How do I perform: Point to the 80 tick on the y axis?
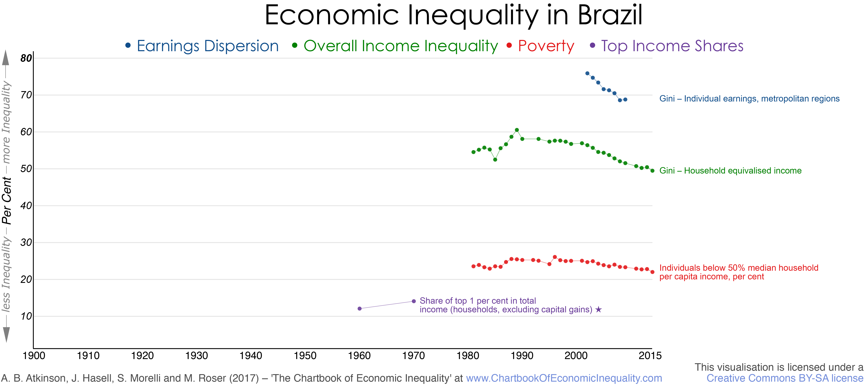coord(26,58)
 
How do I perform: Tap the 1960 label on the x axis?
coord(359,356)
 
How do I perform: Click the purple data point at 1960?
coord(359,309)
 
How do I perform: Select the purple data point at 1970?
coord(414,301)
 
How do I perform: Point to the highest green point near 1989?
coord(517,130)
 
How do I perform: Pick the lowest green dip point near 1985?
coord(495,159)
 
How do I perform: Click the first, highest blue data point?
coord(587,73)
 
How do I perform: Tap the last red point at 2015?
coord(652,272)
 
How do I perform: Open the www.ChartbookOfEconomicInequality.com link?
coord(564,378)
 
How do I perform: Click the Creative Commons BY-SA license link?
coord(784,378)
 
